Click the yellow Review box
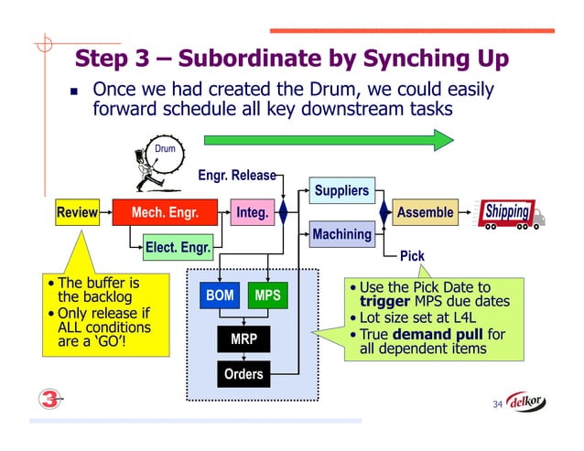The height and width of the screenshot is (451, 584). (77, 213)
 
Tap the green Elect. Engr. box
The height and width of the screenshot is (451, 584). (178, 246)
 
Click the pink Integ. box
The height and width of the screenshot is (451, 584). (252, 213)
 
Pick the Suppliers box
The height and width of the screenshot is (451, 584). (341, 191)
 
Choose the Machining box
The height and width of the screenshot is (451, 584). (341, 235)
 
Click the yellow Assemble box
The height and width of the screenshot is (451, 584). (425, 213)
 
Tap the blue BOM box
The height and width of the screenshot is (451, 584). (220, 295)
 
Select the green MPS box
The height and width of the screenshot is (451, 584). (267, 295)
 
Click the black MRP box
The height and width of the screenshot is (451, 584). (243, 339)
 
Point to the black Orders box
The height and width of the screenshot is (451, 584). (243, 373)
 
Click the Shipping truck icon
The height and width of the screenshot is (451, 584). (511, 214)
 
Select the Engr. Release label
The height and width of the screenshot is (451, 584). (235, 175)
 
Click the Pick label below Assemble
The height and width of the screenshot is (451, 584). (412, 256)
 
